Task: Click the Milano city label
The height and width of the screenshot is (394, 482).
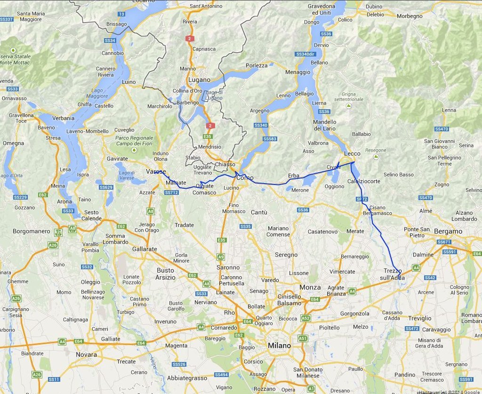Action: (x=279, y=346)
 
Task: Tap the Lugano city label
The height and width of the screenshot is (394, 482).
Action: (x=199, y=80)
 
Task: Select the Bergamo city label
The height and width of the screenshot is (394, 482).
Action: (x=448, y=232)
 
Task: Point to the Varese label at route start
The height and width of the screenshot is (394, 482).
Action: (x=156, y=171)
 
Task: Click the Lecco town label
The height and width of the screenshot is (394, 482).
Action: (x=352, y=154)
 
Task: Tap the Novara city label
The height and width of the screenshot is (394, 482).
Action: (x=86, y=354)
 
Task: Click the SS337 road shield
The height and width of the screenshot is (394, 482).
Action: (x=6, y=19)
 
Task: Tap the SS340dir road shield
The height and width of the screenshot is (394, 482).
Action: (x=305, y=54)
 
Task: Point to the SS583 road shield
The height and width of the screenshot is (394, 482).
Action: (x=270, y=139)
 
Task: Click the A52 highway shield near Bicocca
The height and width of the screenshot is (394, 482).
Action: (x=305, y=318)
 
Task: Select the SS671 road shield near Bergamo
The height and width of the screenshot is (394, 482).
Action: (x=443, y=242)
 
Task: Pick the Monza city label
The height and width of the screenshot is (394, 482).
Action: (x=310, y=287)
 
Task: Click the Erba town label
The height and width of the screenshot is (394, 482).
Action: (x=293, y=176)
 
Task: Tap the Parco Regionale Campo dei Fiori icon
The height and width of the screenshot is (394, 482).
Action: (x=134, y=150)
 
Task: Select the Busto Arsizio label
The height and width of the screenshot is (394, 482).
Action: (x=165, y=274)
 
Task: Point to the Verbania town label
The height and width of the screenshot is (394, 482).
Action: (x=64, y=118)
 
